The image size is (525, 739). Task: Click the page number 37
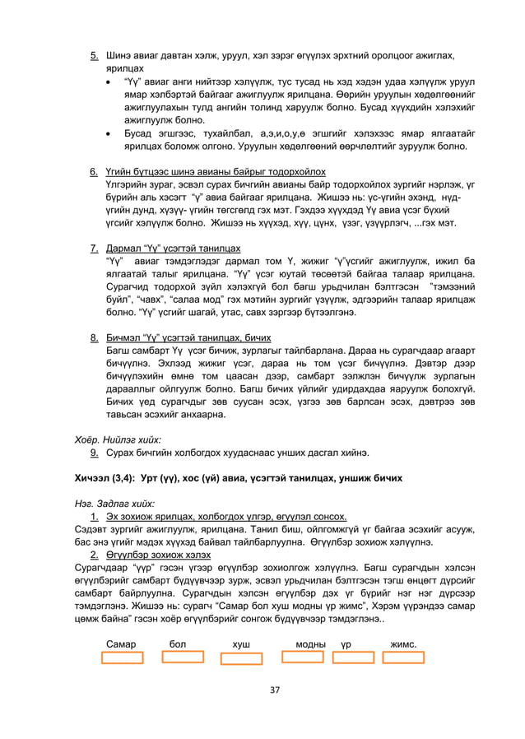(263, 689)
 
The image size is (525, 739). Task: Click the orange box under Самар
(121, 658)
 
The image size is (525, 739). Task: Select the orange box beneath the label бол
(183, 658)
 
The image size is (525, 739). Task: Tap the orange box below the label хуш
(242, 658)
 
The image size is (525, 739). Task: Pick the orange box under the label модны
(302, 658)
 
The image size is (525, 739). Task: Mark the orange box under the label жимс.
(403, 658)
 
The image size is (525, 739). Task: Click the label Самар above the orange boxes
(122, 643)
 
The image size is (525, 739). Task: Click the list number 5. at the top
(95, 56)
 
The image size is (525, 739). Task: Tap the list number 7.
(95, 248)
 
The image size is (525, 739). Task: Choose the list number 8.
(95, 337)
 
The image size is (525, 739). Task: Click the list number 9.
(95, 452)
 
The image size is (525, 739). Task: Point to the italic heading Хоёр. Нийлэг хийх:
(118, 439)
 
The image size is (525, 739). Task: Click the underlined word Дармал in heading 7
(126, 248)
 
